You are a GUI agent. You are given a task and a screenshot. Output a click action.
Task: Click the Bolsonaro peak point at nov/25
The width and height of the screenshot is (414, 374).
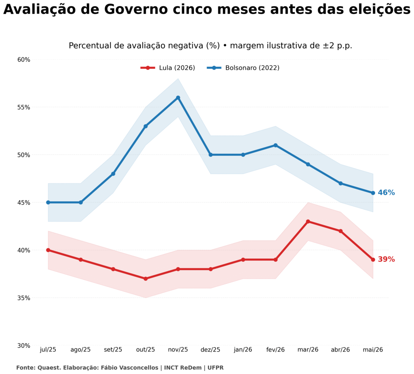coord(178,98)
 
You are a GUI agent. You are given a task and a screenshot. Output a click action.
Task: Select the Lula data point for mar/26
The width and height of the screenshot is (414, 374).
coord(308,221)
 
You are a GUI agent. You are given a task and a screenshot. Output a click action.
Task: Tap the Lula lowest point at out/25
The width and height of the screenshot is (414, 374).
coord(146,278)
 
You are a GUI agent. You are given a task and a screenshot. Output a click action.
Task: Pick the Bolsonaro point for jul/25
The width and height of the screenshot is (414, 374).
coord(48,202)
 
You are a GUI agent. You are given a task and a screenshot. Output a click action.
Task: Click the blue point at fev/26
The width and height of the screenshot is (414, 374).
coord(275,145)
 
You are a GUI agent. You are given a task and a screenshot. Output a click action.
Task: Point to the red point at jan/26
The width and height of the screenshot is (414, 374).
coord(243,259)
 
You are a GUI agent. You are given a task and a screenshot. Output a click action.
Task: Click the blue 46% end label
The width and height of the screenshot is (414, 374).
coord(386,193)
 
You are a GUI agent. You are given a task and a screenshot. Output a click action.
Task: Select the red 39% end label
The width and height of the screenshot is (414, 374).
coord(386,259)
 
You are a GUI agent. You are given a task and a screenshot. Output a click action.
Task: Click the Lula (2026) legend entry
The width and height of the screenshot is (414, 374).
coord(168,68)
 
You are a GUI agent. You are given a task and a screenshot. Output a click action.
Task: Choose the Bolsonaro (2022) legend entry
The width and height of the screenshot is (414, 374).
coord(243,68)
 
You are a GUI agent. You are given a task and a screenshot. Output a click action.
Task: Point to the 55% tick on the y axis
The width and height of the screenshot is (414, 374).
coord(24,107)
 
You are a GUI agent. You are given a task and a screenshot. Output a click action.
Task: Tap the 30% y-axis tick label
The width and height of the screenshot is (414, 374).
coord(24,345)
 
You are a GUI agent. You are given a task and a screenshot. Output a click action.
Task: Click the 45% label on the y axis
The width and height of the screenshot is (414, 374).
coord(24,203)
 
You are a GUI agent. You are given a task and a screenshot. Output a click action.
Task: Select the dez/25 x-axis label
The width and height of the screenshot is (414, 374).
coord(210,350)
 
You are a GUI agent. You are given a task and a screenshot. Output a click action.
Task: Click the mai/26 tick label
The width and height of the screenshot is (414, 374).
coord(373,350)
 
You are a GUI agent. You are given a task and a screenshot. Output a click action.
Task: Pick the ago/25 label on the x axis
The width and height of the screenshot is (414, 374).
coord(80,350)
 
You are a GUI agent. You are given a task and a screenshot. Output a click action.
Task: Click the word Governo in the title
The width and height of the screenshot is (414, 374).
coord(136,10)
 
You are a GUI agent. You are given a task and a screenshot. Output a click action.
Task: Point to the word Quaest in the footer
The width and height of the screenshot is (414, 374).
coord(46,368)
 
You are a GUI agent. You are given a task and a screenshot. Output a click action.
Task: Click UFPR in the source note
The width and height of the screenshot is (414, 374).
coord(215,368)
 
